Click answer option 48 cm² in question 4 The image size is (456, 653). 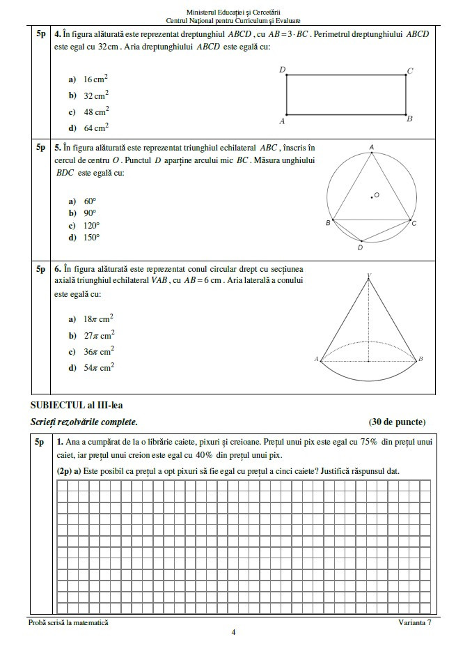click(96, 112)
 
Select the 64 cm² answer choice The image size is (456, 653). click(96, 128)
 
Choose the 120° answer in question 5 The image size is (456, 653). click(91, 225)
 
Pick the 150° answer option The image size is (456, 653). click(91, 238)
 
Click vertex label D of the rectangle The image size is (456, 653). click(281, 69)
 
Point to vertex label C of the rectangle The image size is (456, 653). click(410, 70)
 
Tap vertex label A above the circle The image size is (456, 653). click(372, 146)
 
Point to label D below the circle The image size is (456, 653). click(360, 247)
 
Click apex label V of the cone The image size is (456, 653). click(369, 276)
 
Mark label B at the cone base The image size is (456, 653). click(420, 359)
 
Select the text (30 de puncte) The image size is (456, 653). click(397, 422)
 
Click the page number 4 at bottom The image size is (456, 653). click(233, 632)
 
